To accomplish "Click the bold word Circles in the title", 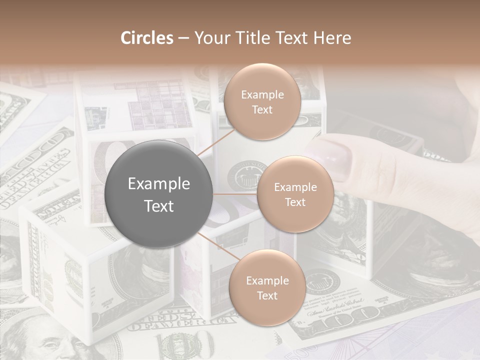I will tap(147, 38).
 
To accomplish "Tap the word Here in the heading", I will tap(331, 38).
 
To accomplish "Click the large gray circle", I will tap(159, 194).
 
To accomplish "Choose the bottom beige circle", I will tap(267, 288).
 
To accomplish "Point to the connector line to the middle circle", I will tap(235, 194).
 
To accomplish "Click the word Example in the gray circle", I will tap(159, 184).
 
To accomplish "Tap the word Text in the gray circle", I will tap(159, 206).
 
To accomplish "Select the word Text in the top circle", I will tap(262, 110).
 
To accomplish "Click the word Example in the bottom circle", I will tap(267, 280).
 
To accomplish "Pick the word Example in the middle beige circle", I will tap(295, 187).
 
